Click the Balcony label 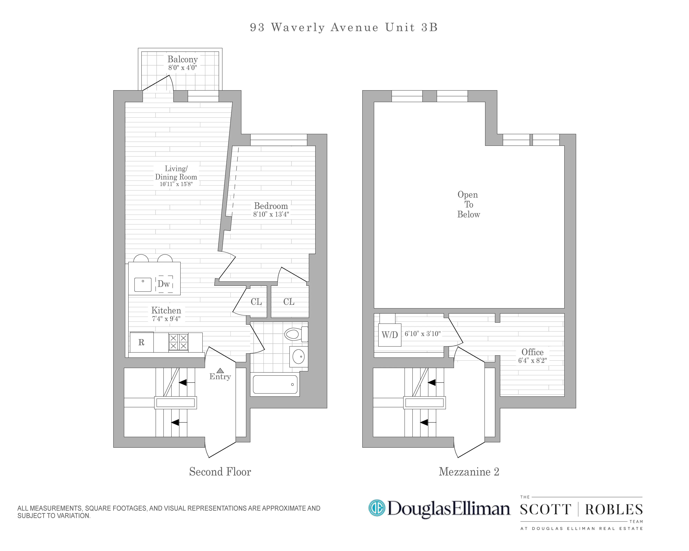pyautogui.click(x=183, y=59)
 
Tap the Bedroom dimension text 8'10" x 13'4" pyautogui.click(x=271, y=214)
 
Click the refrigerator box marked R pyautogui.click(x=141, y=342)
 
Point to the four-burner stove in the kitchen pyautogui.click(x=178, y=342)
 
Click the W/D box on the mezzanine pyautogui.click(x=389, y=335)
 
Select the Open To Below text pyautogui.click(x=468, y=204)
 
